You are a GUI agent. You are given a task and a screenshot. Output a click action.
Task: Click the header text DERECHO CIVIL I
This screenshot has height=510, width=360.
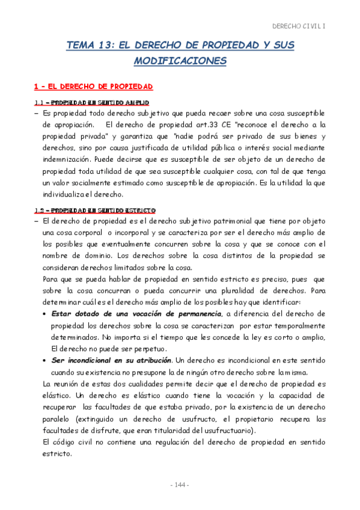299,26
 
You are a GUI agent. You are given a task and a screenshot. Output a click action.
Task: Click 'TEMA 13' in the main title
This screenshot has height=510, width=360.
89,45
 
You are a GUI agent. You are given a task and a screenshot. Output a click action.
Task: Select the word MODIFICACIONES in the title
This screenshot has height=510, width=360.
180,61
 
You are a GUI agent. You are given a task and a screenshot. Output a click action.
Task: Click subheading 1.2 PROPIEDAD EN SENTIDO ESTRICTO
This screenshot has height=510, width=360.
95,210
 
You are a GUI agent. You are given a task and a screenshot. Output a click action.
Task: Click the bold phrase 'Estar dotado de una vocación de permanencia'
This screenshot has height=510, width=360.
136,314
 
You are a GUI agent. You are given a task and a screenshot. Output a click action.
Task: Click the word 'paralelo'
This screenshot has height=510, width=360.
59,419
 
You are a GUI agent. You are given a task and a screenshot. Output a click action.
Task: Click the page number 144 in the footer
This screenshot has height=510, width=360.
180,485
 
